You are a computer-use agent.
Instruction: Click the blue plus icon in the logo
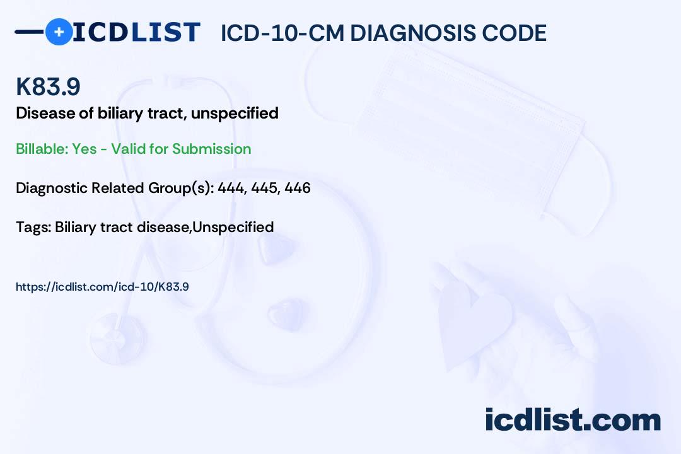point(59,32)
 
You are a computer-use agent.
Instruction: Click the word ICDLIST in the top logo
point(136,32)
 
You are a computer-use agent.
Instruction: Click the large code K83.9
point(48,86)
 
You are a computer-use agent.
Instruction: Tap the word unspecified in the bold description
point(235,113)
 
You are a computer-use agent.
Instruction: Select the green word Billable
point(42,149)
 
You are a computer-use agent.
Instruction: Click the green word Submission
point(211,149)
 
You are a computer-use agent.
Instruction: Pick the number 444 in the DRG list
point(231,188)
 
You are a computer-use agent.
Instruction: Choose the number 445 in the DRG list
point(264,188)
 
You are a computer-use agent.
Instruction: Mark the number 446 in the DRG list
point(298,188)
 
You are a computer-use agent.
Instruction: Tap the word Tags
point(33,227)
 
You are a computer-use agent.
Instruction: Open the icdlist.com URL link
point(102,287)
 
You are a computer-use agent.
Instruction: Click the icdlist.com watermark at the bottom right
point(573,420)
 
